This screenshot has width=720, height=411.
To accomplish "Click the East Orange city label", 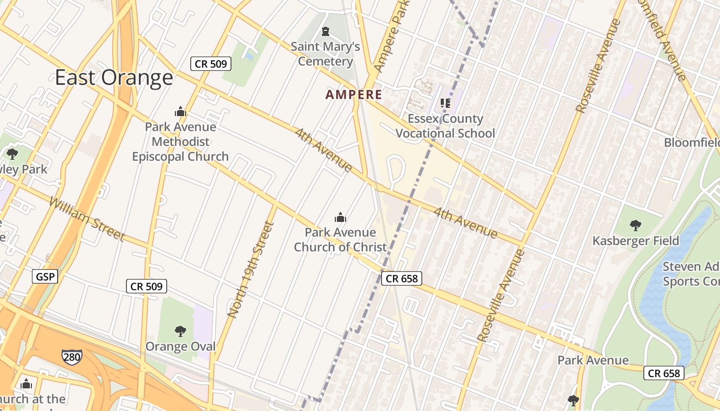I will pos(114,78).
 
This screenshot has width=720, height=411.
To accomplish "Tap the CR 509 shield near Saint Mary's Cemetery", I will pos(211,64).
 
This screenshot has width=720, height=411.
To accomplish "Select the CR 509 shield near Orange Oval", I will pos(147,287).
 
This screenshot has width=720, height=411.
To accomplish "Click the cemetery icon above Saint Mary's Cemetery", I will pos(325,32).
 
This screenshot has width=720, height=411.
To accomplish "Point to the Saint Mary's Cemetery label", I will pos(325,54).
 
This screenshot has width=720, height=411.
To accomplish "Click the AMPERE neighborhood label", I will pos(354,95).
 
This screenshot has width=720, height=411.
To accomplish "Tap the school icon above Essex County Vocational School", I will pos(445,103).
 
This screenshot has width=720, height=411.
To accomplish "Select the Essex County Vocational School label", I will pos(445,126).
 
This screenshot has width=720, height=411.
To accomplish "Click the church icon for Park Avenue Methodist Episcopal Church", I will pos(180,111).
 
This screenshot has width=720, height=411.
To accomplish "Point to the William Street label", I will pos(86,218).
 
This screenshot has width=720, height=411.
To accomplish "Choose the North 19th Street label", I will pos(248,269).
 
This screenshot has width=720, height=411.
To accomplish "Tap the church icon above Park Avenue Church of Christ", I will pos(340,217).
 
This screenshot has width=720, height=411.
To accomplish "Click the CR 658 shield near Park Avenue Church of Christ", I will pos(402,278).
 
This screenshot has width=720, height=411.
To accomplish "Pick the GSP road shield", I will pos(45,277).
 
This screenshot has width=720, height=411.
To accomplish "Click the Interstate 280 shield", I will pos(71,357).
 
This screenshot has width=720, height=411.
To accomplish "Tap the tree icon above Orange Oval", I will pos(180,331).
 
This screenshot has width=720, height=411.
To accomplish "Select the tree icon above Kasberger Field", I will pos(636,225).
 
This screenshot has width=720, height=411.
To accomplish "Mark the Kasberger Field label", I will pos(636,240).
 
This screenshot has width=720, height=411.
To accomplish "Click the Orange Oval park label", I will pos(180,346).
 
